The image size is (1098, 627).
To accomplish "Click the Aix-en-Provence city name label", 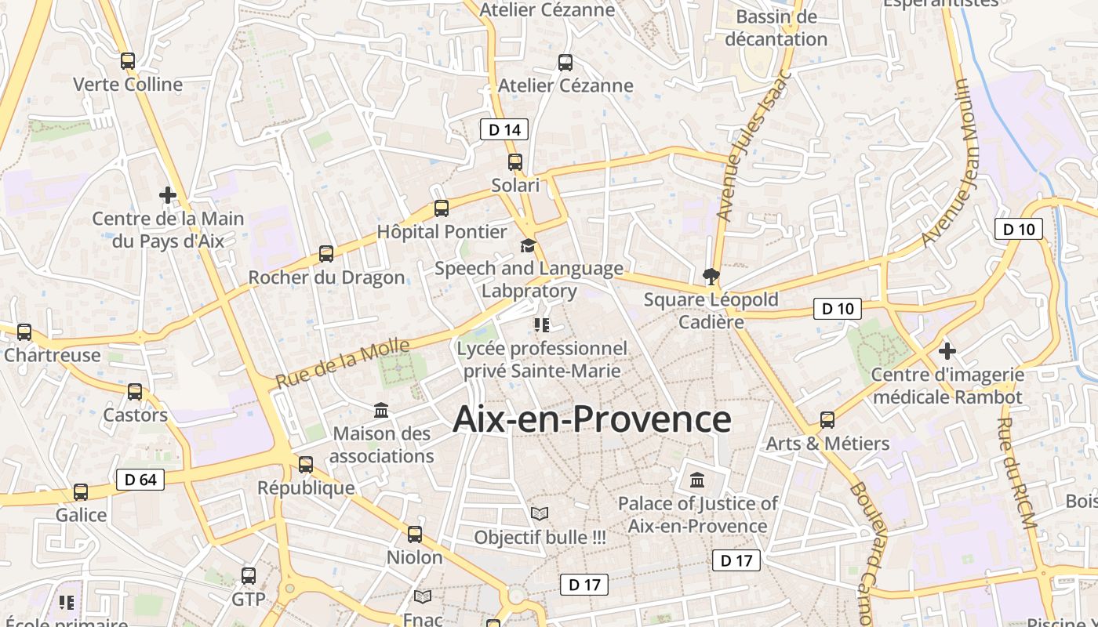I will pos(592,419).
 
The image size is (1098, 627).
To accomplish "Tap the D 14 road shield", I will pos(504,129).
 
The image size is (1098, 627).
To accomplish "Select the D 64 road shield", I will pos(140,480).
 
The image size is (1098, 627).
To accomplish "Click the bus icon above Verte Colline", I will pos(128,60).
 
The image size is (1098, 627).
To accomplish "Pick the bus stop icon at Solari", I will pos(515,162).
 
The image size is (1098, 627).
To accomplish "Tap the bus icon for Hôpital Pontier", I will pos(442,208).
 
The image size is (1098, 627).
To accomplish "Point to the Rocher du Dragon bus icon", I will pos(326,254).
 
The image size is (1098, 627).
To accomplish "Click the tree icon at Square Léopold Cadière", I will pos(711,276).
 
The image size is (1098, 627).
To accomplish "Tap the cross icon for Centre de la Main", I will pos(168,194).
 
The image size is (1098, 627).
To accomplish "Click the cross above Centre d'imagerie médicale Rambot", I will pos(947,350).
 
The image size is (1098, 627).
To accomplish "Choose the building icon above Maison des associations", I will pos(381,410).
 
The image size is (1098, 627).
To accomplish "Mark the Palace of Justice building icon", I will pos(697,479).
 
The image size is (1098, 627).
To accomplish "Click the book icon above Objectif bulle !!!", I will pos(540,514).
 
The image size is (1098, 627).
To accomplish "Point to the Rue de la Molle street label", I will pos(343,364).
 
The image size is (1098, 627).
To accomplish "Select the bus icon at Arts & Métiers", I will pos(827,419).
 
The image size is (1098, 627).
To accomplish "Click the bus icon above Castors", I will pos(135,391).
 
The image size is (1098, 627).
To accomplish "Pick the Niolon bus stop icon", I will pos(415,535).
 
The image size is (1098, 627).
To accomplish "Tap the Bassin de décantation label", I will pos(776,28).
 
